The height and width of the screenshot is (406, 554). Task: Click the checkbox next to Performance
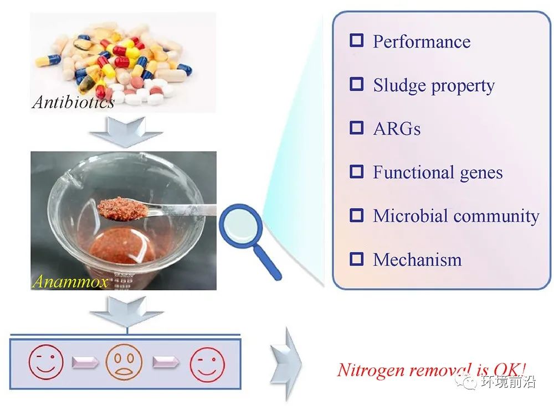point(356,40)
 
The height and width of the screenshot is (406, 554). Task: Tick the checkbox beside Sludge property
point(356,84)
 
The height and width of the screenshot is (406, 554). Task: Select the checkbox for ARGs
point(356,128)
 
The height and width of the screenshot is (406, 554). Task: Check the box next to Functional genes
point(356,171)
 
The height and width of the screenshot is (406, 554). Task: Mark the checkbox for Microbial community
point(356,215)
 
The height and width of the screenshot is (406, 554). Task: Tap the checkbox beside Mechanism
point(356,259)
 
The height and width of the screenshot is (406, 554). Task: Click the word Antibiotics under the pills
point(74,102)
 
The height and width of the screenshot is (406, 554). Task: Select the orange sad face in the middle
point(124,362)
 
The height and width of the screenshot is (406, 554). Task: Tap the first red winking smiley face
point(46,362)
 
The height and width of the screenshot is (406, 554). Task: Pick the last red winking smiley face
point(207,364)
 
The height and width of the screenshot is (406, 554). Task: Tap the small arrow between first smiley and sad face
point(85,362)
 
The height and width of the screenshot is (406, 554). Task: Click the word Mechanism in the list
point(417,259)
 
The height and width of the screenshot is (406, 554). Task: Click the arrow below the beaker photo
point(126,310)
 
